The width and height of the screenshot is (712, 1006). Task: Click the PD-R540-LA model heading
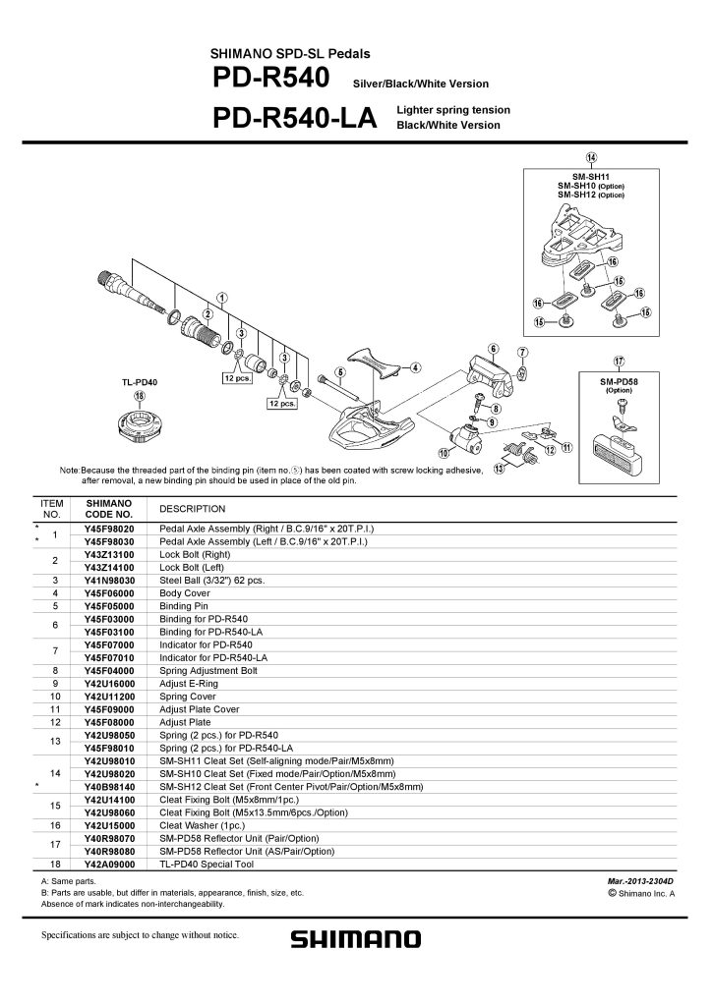coord(295,118)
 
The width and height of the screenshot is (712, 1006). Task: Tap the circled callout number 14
coord(591,158)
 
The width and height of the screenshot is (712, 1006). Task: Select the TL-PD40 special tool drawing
coord(138,424)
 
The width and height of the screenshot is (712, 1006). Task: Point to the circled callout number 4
coord(416,367)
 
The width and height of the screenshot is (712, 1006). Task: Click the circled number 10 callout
coord(443,454)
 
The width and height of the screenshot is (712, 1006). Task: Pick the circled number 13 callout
coord(499,469)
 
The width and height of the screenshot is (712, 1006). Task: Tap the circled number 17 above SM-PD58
coord(619,362)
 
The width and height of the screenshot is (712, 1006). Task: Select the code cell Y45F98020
coord(109,529)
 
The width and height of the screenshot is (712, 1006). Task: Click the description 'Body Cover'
coord(185,593)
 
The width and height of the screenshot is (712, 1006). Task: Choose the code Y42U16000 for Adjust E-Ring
coord(109,684)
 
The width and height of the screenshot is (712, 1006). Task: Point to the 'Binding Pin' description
coord(184,606)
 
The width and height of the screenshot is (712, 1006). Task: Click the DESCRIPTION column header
coord(193,509)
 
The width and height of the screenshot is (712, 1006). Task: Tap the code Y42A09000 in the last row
coord(109,865)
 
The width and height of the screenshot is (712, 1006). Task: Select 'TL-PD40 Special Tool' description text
coord(207,865)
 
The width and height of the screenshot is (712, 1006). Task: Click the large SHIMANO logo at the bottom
coord(356,940)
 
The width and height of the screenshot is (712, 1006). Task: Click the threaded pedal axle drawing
coord(131,292)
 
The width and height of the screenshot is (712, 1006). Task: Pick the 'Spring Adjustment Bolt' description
coord(208,671)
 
